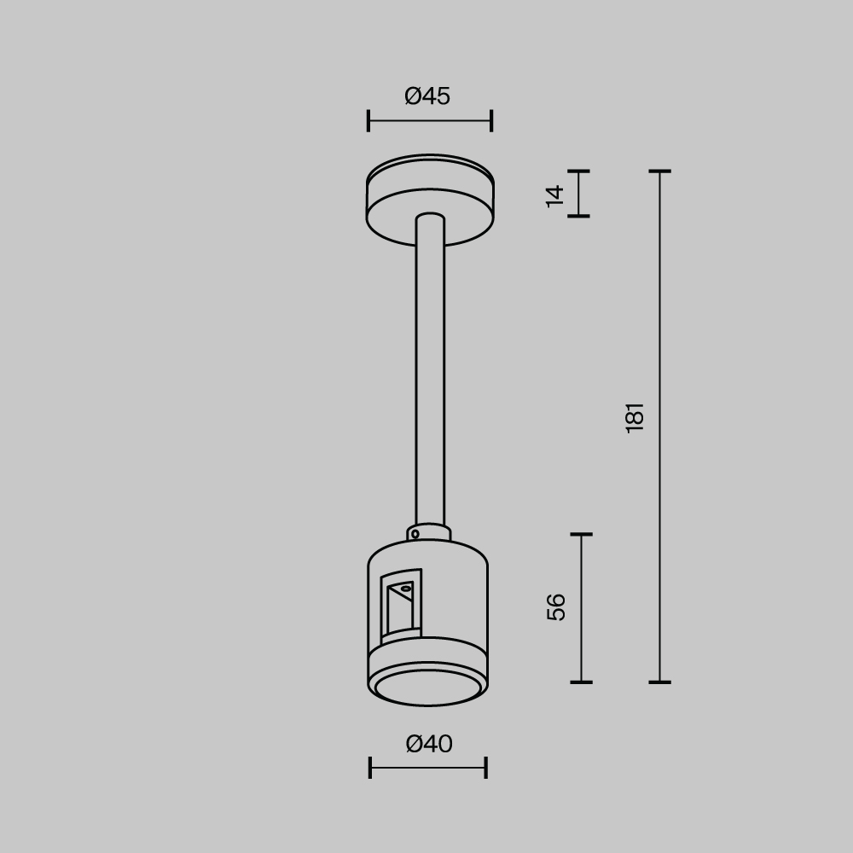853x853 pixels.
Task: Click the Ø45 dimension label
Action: [x=427, y=96]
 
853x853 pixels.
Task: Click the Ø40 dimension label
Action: [x=429, y=744]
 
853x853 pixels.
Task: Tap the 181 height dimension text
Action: [x=635, y=417]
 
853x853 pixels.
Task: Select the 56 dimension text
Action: [x=556, y=606]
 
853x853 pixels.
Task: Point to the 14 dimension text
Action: [x=555, y=194]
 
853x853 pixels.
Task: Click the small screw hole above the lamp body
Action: [x=415, y=534]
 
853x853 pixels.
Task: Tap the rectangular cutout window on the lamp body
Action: [x=400, y=606]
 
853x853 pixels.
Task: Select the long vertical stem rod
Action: [x=430, y=367]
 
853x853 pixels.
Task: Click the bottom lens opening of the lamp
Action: [x=428, y=687]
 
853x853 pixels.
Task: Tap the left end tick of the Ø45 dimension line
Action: [x=368, y=121]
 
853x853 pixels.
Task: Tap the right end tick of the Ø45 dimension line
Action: [x=491, y=121]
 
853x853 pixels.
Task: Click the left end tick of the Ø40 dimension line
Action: [x=370, y=768]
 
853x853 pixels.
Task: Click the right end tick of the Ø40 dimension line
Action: [x=485, y=768]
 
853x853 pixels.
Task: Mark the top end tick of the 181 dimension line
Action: [x=659, y=171]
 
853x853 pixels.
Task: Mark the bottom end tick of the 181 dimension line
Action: [x=659, y=682]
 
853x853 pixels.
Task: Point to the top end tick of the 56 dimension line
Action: [x=581, y=535]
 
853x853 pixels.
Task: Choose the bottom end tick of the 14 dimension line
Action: [x=578, y=216]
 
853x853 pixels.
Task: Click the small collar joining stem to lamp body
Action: [x=430, y=532]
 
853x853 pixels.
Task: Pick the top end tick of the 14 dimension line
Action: [x=578, y=171]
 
